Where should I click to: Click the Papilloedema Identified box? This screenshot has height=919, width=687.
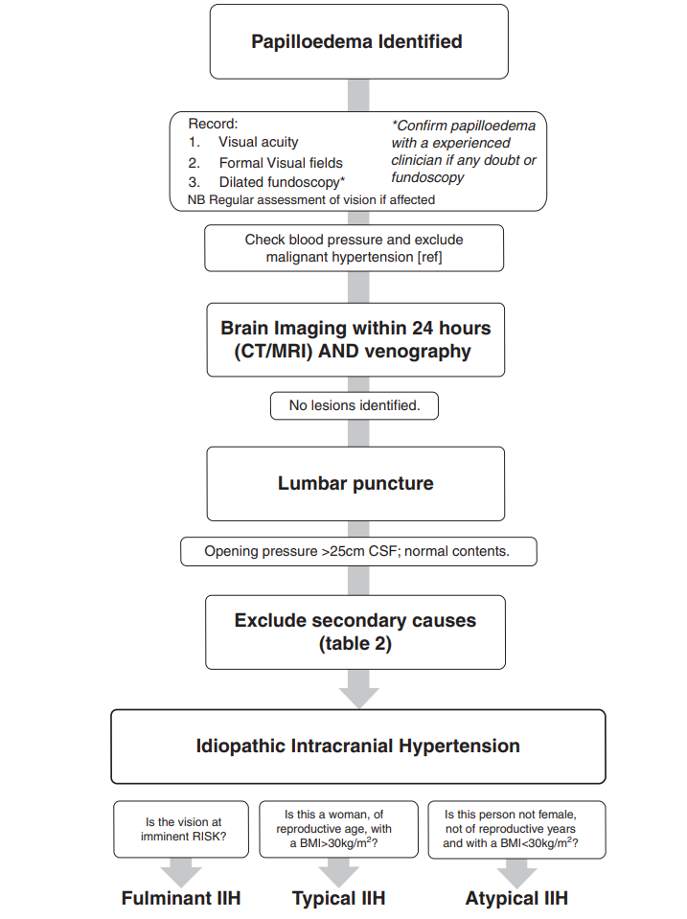click(358, 41)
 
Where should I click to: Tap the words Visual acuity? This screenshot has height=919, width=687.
click(258, 142)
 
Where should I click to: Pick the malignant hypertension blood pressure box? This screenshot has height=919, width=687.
click(355, 248)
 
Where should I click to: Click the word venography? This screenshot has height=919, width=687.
click(418, 351)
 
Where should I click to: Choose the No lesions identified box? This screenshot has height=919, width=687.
click(355, 405)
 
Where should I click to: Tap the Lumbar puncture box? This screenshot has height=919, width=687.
click(355, 484)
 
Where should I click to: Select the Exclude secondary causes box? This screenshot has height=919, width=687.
click(355, 632)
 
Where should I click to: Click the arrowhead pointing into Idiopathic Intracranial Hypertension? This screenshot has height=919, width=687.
click(358, 698)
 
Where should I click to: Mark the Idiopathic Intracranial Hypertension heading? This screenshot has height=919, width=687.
click(357, 746)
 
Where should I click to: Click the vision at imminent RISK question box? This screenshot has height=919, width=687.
click(181, 829)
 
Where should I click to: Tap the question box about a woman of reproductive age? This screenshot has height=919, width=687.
click(339, 829)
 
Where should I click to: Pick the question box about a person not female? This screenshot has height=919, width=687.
click(516, 829)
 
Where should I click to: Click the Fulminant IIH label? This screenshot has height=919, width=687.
click(181, 898)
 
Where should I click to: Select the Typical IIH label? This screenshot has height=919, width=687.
click(339, 898)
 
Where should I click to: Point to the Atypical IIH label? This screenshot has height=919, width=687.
click(516, 898)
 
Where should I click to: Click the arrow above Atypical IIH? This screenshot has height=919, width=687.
click(516, 873)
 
